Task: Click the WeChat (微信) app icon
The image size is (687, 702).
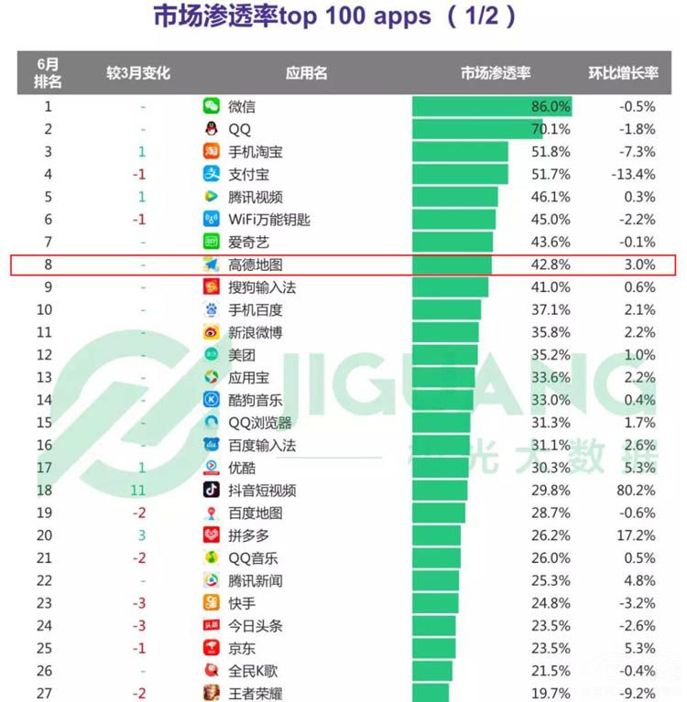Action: (x=212, y=106)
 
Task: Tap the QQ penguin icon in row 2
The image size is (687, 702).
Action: (x=212, y=129)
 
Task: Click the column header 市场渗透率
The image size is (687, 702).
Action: (x=495, y=73)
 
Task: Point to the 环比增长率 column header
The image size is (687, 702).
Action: (x=623, y=73)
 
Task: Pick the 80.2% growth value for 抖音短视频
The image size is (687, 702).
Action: (x=635, y=491)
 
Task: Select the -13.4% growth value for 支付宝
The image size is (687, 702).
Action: (x=633, y=174)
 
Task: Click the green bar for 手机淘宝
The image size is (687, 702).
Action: (x=460, y=152)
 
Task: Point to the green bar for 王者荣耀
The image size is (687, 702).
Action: (x=431, y=694)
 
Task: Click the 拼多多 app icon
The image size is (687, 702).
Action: (x=212, y=535)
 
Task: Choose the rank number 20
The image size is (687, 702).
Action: (x=49, y=535)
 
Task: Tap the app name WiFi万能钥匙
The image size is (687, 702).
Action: (x=269, y=220)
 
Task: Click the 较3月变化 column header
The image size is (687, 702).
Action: (x=138, y=73)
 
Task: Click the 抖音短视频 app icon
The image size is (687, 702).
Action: (x=212, y=491)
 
